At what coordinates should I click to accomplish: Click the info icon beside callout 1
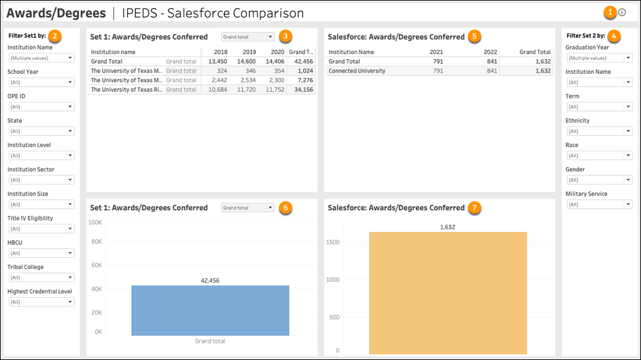click(x=622, y=12)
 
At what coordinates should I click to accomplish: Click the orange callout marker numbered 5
click(x=474, y=36)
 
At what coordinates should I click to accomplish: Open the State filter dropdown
click(x=41, y=131)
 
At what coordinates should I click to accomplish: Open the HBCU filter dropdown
click(x=41, y=253)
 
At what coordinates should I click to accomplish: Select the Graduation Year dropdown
click(x=599, y=58)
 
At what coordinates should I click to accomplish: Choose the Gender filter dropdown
click(x=599, y=180)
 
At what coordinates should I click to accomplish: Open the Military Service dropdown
click(x=599, y=204)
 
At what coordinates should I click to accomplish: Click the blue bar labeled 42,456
click(x=210, y=310)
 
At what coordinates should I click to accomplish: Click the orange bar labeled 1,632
click(x=447, y=292)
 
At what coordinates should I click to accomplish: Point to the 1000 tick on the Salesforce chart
click(x=333, y=280)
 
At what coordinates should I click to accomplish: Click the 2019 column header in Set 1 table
click(x=249, y=52)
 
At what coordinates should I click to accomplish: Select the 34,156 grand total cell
click(x=301, y=90)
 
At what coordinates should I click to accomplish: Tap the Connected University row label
click(x=357, y=71)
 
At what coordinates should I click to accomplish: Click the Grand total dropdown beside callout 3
click(x=248, y=37)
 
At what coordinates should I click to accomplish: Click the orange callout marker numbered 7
click(x=474, y=207)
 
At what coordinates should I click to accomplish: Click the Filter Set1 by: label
click(x=27, y=35)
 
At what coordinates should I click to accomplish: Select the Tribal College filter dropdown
click(x=41, y=278)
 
